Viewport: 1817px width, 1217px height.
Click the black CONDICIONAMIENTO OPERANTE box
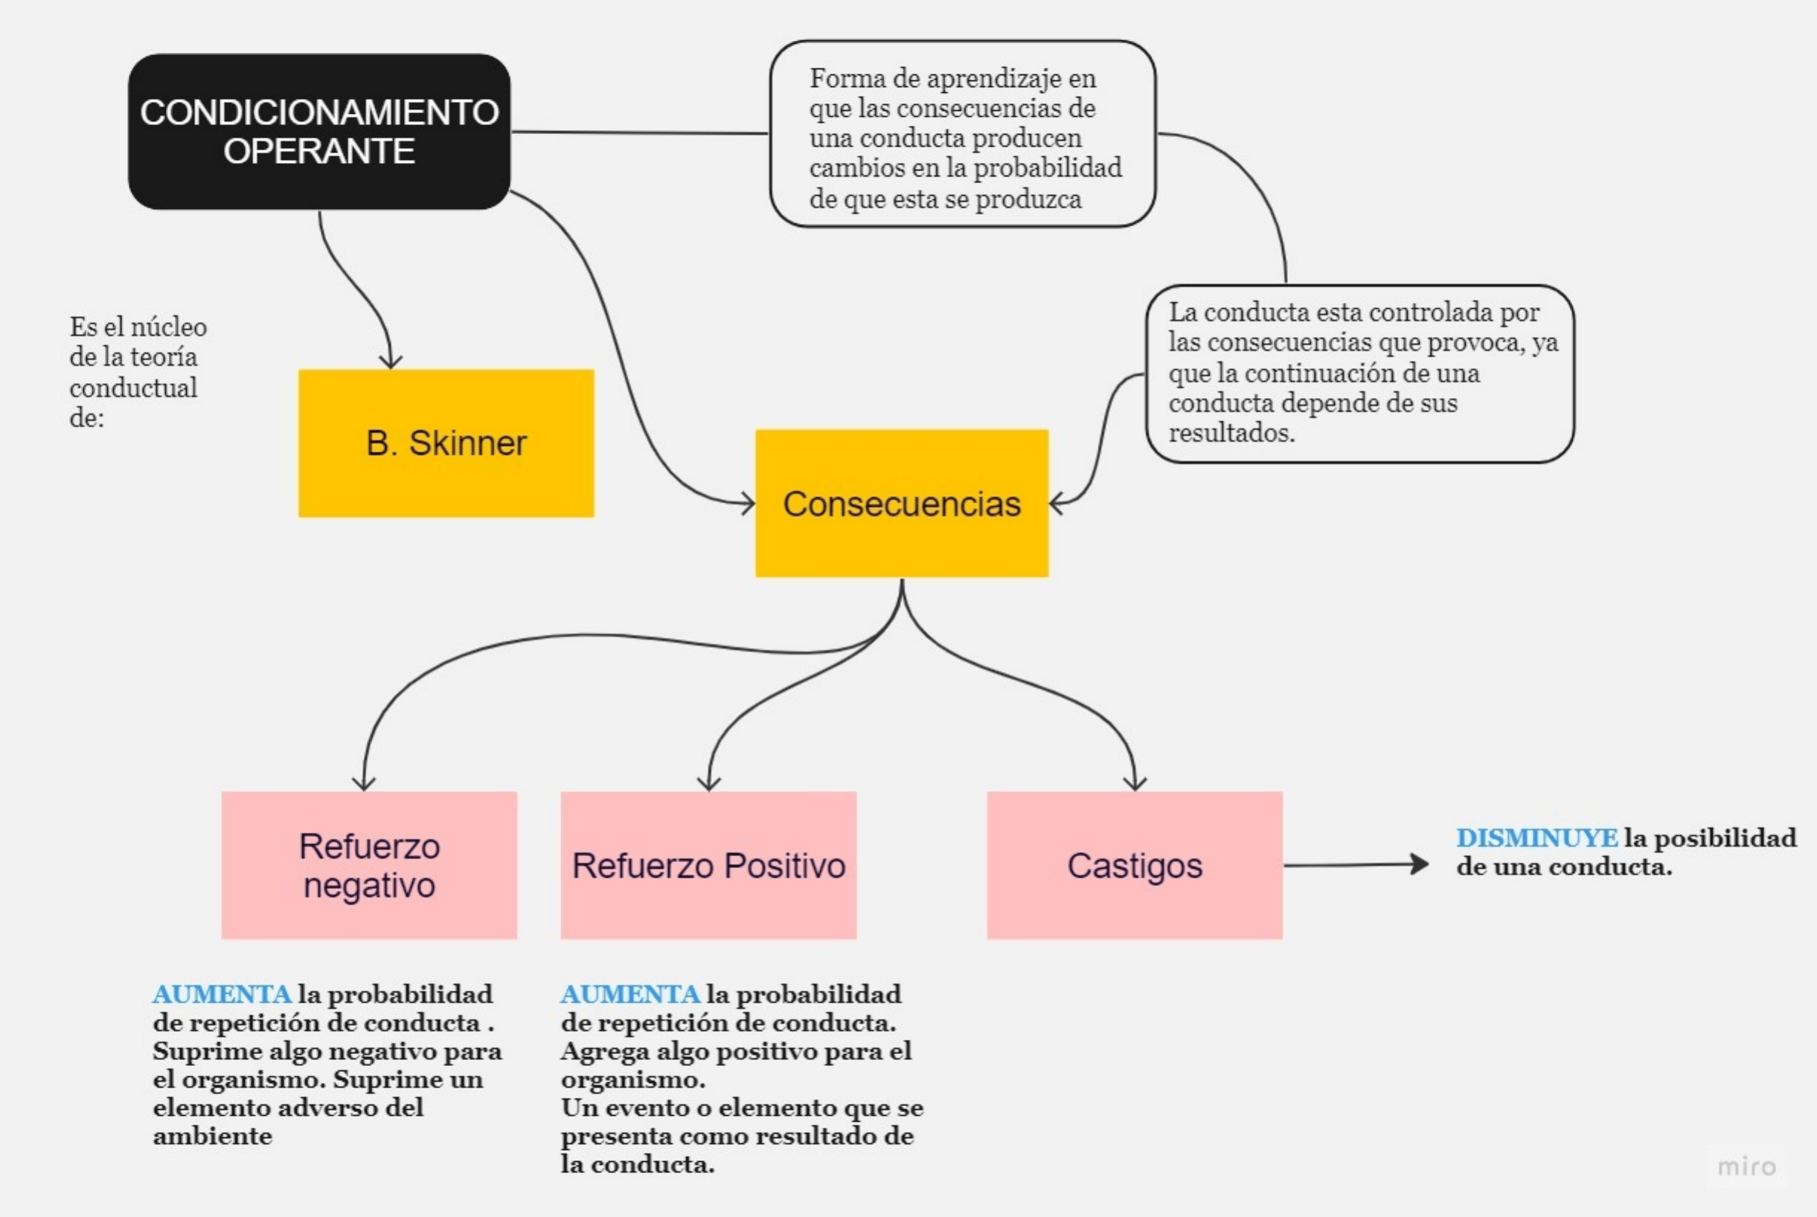click(x=319, y=131)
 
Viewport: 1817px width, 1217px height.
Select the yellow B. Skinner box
click(x=446, y=443)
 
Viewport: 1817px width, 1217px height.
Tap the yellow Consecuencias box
click(x=901, y=503)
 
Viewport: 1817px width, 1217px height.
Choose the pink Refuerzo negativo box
click(x=368, y=864)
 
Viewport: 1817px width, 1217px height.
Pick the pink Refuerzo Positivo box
click(x=708, y=864)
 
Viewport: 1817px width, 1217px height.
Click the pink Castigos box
click(x=1134, y=864)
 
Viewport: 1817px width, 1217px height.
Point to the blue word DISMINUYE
click(x=1536, y=838)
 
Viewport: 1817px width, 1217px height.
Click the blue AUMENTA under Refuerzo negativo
click(x=222, y=995)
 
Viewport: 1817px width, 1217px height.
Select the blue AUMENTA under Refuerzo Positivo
click(x=630, y=995)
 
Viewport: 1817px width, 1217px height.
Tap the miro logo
click(x=1746, y=1166)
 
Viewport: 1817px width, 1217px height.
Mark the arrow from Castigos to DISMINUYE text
click(x=1354, y=864)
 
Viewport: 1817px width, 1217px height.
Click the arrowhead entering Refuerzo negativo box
click(x=363, y=783)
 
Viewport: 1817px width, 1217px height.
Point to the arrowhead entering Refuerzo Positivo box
click(x=708, y=783)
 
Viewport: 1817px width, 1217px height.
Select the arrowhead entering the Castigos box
click(x=1135, y=783)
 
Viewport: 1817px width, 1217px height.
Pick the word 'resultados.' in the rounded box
click(x=1231, y=433)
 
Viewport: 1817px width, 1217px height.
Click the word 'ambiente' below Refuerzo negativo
click(x=213, y=1136)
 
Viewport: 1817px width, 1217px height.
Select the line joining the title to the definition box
click(x=641, y=132)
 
